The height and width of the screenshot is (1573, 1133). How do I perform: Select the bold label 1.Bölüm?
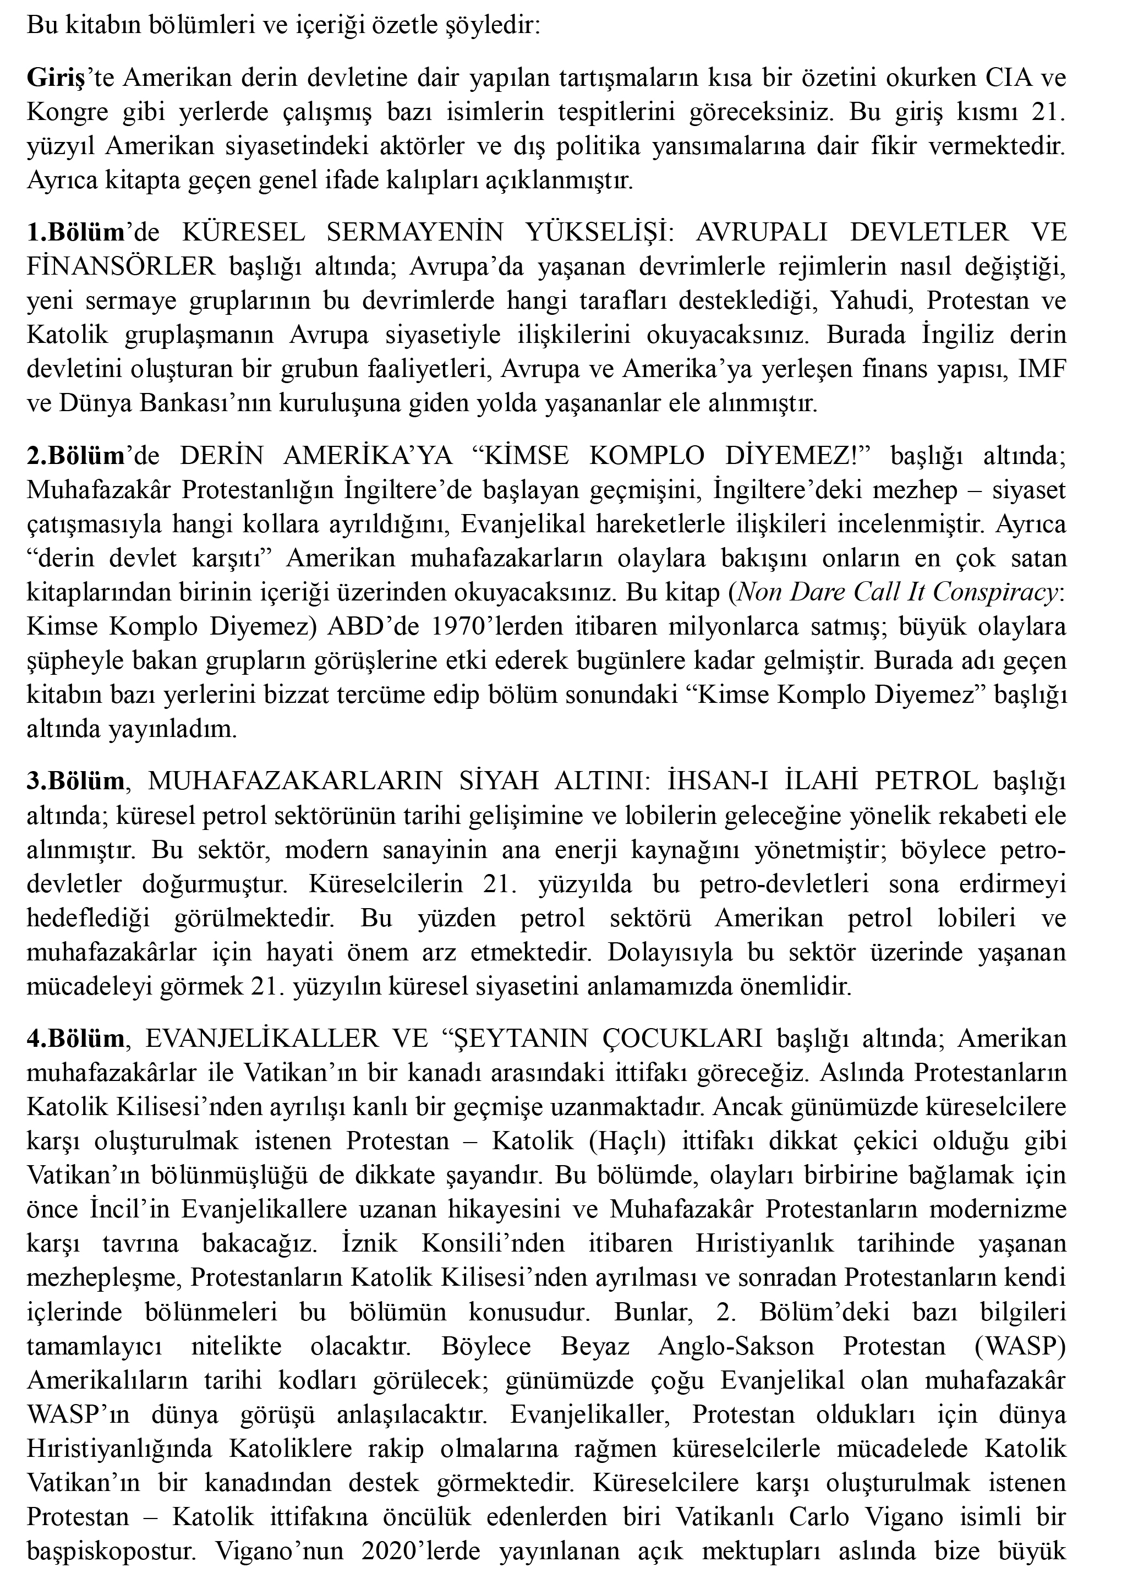click(x=75, y=232)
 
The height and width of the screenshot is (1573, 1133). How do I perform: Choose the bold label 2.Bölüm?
click(x=75, y=456)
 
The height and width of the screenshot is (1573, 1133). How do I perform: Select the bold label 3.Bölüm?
click(x=75, y=781)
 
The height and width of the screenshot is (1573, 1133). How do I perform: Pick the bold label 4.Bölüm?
click(x=75, y=1038)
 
